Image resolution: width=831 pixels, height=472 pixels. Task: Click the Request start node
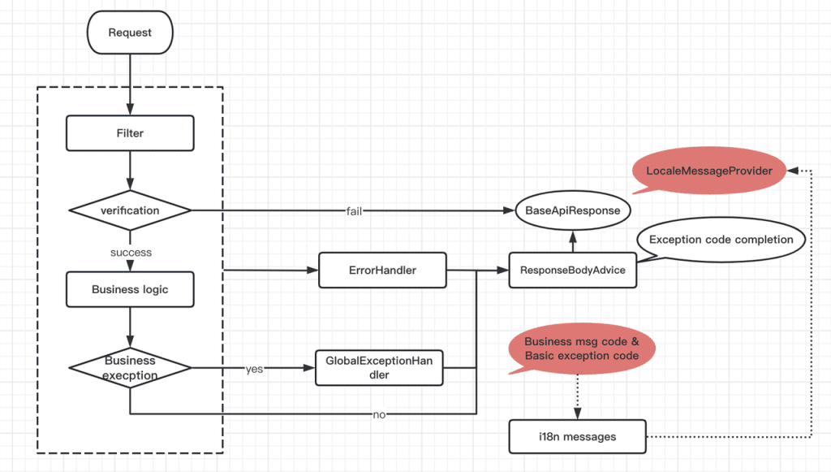(x=130, y=32)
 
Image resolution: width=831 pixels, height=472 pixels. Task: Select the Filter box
(x=130, y=133)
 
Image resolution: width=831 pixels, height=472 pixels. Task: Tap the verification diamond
(x=130, y=210)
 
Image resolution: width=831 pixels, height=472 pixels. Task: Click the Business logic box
(x=130, y=289)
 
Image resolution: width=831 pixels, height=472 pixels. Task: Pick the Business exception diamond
(x=130, y=368)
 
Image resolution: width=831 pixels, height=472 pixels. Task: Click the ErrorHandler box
(x=382, y=271)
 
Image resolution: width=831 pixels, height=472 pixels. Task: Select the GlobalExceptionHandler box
(x=379, y=368)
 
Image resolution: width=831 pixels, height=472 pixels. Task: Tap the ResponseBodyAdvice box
(x=572, y=271)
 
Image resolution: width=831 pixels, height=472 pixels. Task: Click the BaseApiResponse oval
(x=573, y=210)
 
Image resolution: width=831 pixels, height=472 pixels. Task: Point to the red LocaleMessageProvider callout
(x=709, y=171)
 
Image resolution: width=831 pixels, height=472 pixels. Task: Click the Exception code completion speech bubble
(x=721, y=240)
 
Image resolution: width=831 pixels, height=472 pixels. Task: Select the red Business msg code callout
(x=581, y=349)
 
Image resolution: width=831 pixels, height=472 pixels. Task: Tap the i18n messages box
(x=577, y=436)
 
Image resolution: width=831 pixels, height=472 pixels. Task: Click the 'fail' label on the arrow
(x=354, y=211)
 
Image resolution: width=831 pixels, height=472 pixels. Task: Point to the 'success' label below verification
(x=131, y=252)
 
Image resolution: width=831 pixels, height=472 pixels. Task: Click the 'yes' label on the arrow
(x=254, y=369)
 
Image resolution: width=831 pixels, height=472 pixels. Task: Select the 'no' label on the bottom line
(x=378, y=414)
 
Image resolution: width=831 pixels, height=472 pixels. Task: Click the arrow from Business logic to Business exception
(x=130, y=328)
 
